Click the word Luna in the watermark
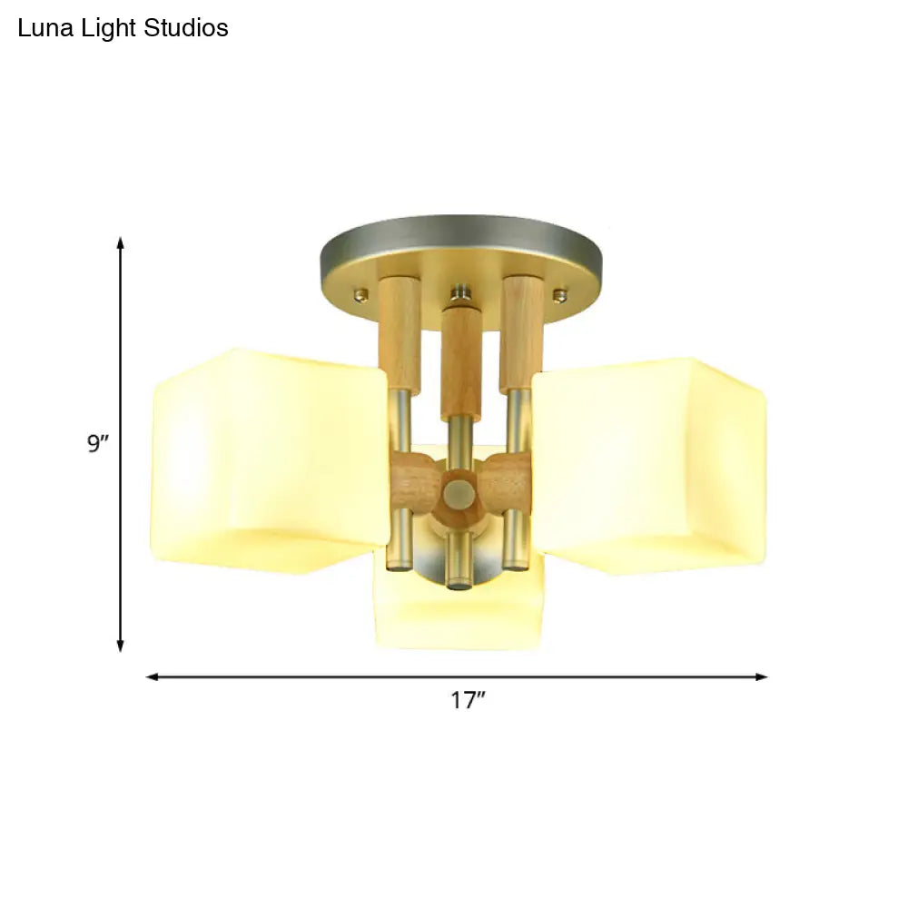tap(42, 28)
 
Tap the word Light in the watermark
tap(113, 28)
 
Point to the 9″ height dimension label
tap(98, 445)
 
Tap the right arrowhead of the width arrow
tap(762, 676)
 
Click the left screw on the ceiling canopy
tap(362, 293)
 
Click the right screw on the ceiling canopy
tap(560, 293)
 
